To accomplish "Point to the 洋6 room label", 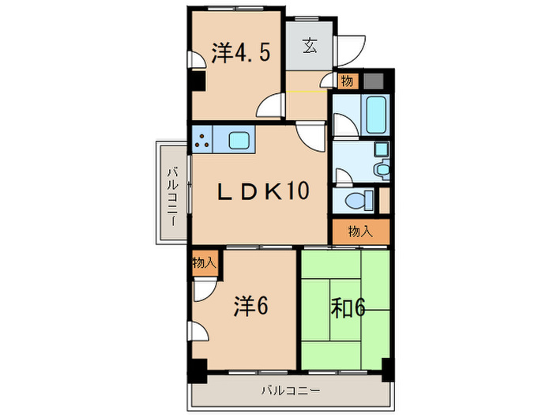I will (x=250, y=306).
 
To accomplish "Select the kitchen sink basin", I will (x=239, y=141).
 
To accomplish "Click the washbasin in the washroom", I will (x=382, y=167).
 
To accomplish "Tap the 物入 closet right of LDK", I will (x=360, y=231).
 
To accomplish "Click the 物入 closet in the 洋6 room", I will (x=203, y=262).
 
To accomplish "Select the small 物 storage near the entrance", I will (x=347, y=81).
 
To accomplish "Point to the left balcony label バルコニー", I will (x=171, y=192).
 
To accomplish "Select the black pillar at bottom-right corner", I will (x=387, y=366).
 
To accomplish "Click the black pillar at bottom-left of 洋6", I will (x=194, y=366).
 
